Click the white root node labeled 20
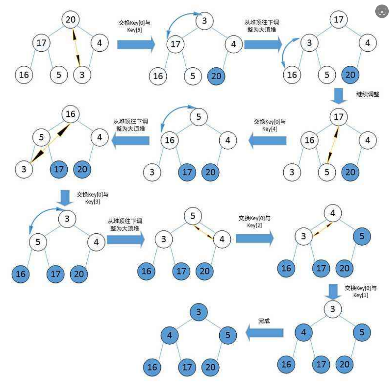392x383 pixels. [71, 20]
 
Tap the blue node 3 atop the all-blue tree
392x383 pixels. [199, 312]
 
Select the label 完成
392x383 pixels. [264, 321]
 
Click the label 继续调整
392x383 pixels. [367, 94]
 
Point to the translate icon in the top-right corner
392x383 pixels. [382, 11]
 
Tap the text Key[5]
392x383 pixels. [134, 30]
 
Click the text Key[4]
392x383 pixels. [269, 129]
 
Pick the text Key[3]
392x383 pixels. [93, 202]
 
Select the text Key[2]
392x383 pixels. [254, 225]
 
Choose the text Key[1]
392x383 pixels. [360, 295]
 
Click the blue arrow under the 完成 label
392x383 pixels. [265, 332]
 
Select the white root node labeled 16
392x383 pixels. [71, 114]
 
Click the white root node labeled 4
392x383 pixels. [333, 213]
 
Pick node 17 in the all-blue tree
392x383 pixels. [187, 367]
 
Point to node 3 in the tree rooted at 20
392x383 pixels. [82, 75]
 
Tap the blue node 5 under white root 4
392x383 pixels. [362, 236]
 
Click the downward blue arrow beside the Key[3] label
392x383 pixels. [65, 198]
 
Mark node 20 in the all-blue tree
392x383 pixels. [210, 367]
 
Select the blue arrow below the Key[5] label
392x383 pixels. [136, 44]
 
